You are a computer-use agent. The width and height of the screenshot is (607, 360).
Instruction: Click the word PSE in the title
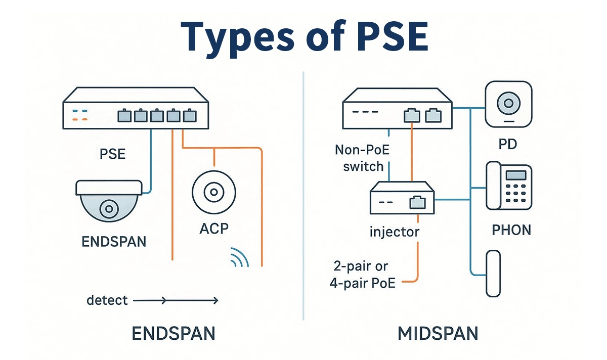pos(377,36)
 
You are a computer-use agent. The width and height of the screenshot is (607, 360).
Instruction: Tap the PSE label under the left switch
pos(113,153)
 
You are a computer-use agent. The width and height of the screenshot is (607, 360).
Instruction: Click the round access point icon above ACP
pos(213,192)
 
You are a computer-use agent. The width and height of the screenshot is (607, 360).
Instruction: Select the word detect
pos(107,300)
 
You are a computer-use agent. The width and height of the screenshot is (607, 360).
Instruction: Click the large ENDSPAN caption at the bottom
pos(174,333)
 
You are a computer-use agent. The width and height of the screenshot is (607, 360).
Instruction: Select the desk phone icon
pos(508,186)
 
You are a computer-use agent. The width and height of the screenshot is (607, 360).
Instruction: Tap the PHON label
pos(511,230)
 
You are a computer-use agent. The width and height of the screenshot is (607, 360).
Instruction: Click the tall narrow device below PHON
pos(493,273)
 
